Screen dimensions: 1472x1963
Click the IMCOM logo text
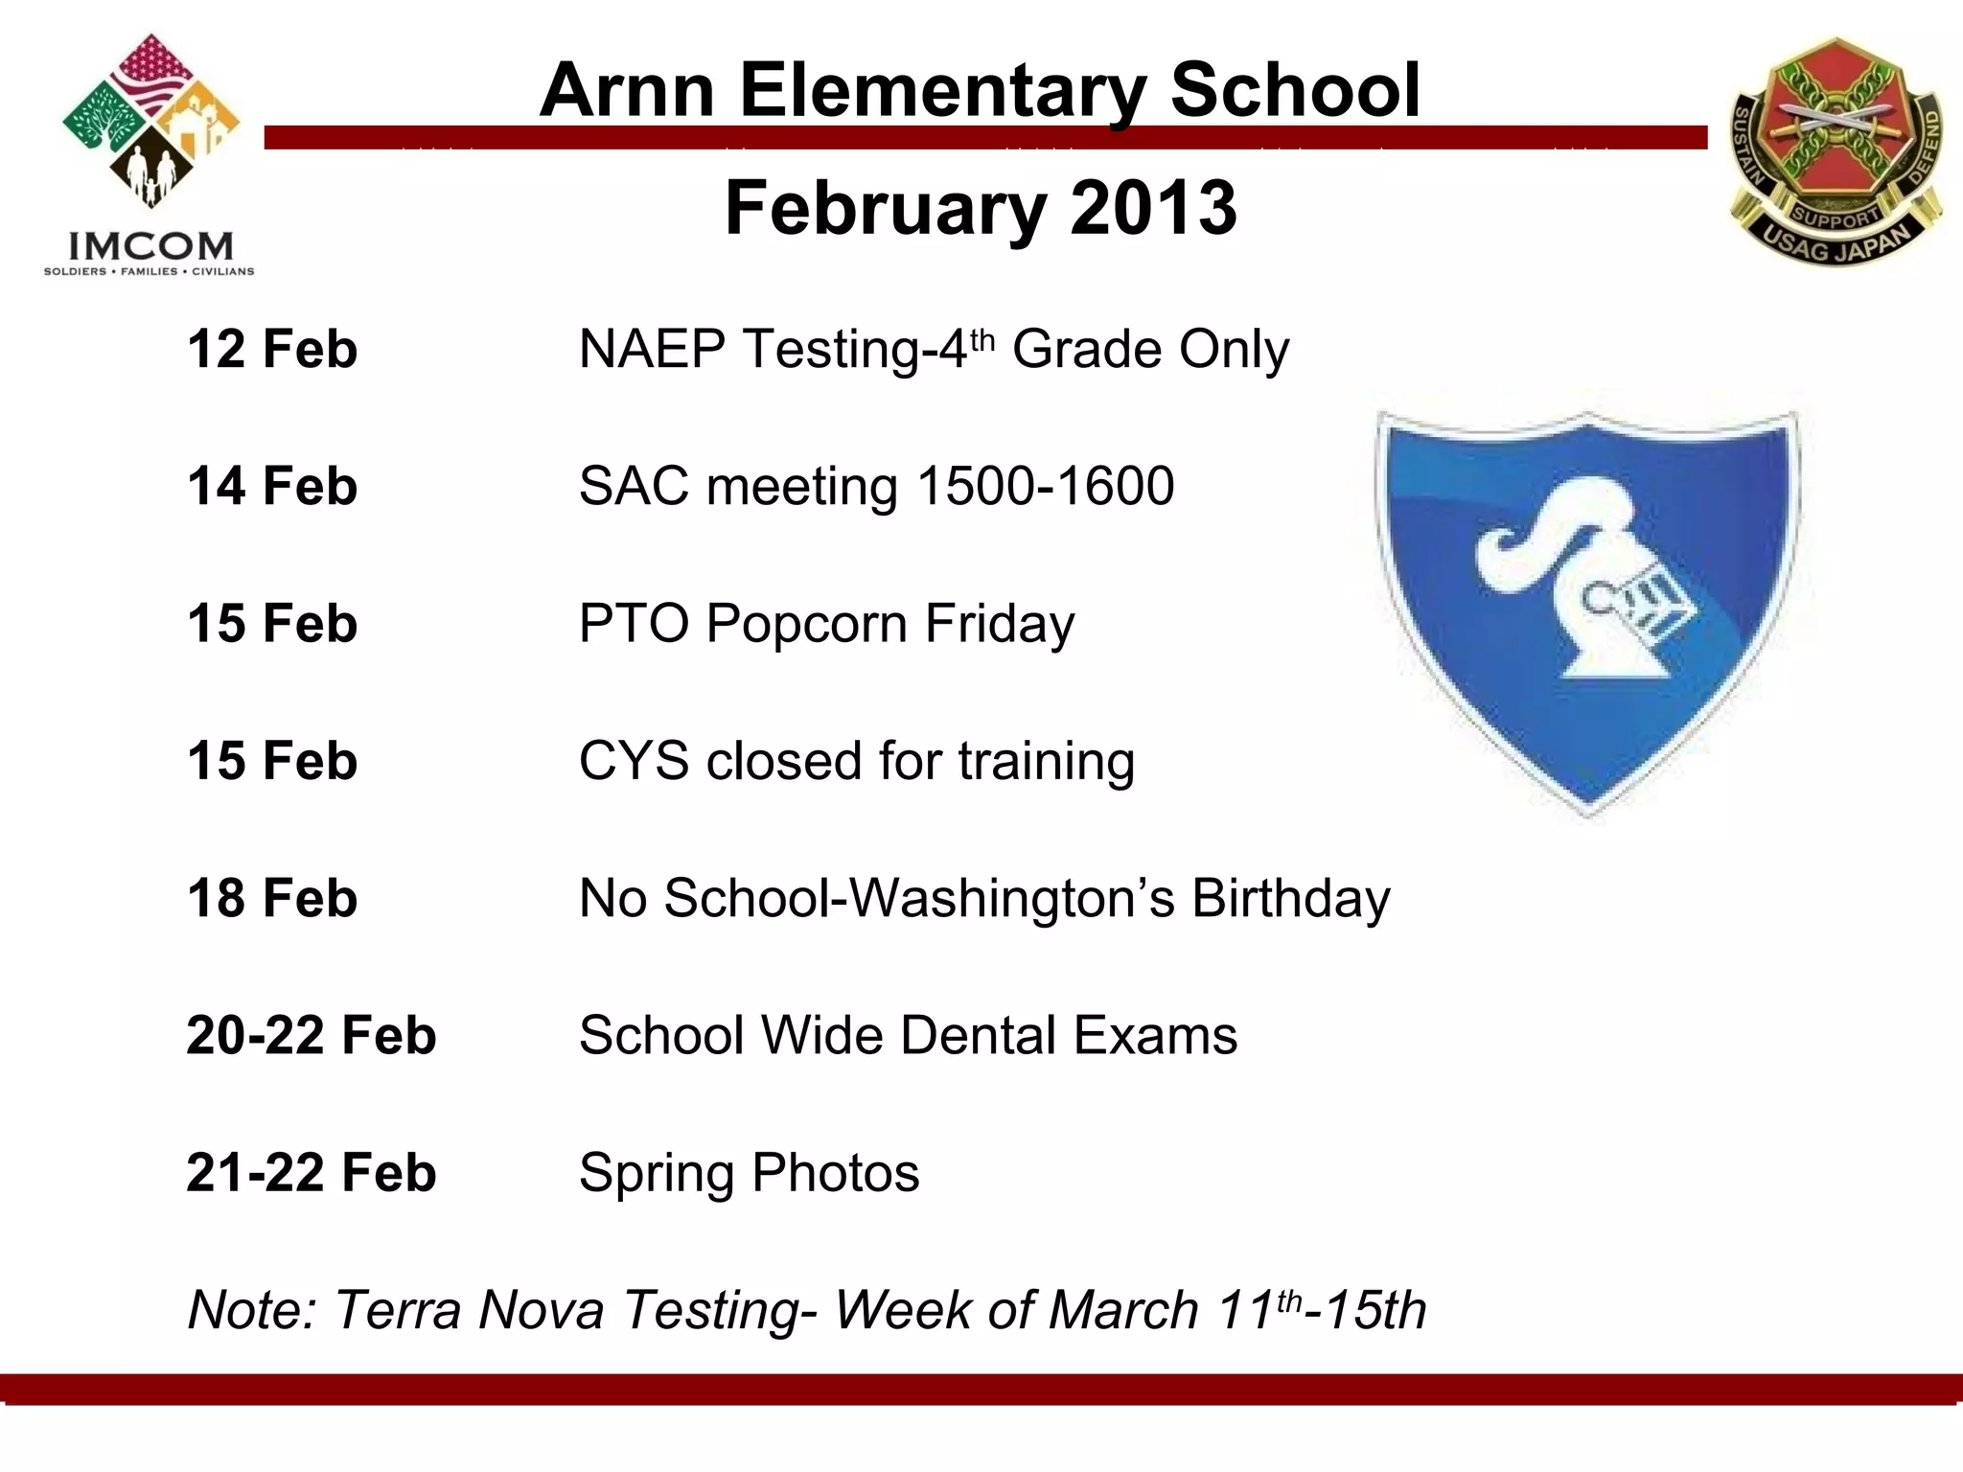click(x=150, y=246)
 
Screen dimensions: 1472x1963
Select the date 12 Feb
click(x=272, y=349)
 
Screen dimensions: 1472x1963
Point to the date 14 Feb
click(x=272, y=486)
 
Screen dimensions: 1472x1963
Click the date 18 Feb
click(x=272, y=898)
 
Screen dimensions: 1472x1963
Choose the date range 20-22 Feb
click(x=311, y=1035)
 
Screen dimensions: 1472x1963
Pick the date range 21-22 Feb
click(x=311, y=1172)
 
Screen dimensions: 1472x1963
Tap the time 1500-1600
click(x=1045, y=486)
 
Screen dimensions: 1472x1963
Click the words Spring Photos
click(x=749, y=1172)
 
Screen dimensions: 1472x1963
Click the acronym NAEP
click(x=652, y=349)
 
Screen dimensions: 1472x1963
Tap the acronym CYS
click(x=634, y=761)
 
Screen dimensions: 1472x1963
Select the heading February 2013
click(x=981, y=208)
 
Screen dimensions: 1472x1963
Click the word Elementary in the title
click(x=942, y=90)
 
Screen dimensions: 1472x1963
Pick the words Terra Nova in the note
click(x=470, y=1310)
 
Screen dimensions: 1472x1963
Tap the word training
click(x=1046, y=763)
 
